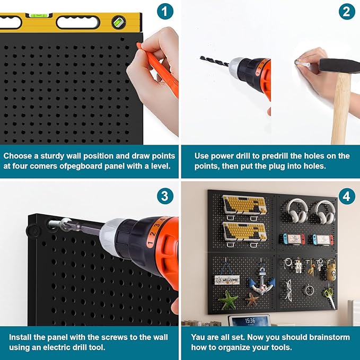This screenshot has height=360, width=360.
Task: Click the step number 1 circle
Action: tap(165, 11)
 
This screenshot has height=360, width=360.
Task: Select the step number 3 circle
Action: tap(165, 196)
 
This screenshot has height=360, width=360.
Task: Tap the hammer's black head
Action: tap(339, 65)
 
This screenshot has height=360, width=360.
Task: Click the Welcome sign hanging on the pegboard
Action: tap(227, 279)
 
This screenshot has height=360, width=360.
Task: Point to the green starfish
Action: tap(229, 300)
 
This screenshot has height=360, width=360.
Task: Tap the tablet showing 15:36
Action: tap(250, 321)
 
